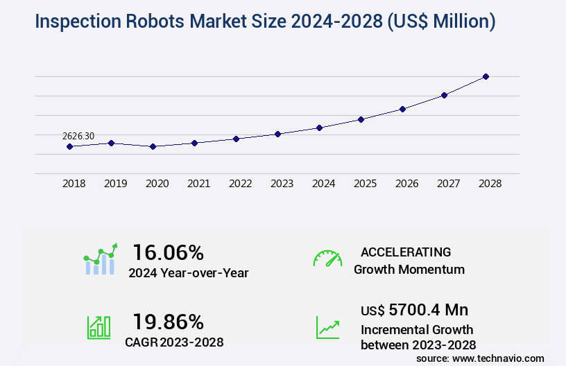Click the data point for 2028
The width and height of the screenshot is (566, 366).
coord(486,76)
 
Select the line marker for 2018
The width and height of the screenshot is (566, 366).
coord(69,146)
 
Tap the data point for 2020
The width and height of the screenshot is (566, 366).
coord(153,146)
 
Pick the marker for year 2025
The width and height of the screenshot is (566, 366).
coord(361,119)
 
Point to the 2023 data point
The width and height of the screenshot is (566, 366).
coord(277,134)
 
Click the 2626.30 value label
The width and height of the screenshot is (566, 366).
coord(78,137)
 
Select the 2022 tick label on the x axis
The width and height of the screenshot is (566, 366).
coord(240,184)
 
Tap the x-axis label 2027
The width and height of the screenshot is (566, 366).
coord(448,184)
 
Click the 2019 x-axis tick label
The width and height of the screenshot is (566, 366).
coord(115,184)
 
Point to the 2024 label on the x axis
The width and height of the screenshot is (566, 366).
coord(323,184)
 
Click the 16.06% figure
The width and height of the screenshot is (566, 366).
coord(168,252)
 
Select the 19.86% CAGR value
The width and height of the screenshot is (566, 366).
coord(168,322)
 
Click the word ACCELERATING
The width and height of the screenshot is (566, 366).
coord(406,252)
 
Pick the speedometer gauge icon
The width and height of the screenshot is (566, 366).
coord(327,259)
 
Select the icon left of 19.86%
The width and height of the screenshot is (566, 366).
coord(98,327)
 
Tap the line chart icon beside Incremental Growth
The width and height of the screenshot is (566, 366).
coord(327,327)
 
